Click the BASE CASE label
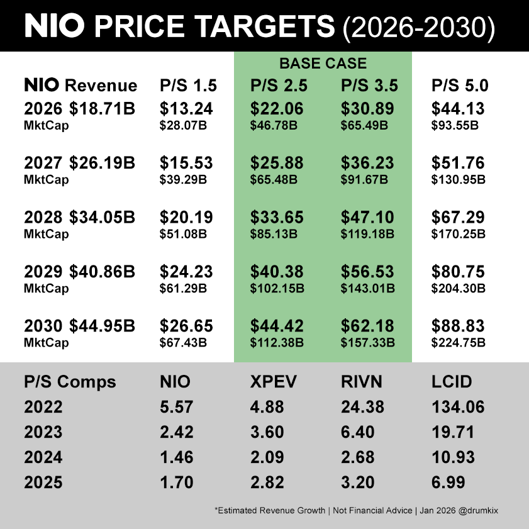[323, 64]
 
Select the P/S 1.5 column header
[188, 86]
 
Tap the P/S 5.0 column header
[460, 86]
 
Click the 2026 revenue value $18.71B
[103, 109]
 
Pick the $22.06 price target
[277, 109]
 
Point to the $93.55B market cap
[455, 126]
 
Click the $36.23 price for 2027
[367, 163]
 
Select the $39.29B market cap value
[183, 180]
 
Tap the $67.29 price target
[458, 217]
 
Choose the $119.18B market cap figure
[367, 234]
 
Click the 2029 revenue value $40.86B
[103, 272]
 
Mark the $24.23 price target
[186, 272]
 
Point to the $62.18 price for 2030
[367, 326]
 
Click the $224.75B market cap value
[458, 343]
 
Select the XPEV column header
[273, 382]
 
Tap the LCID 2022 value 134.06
[458, 407]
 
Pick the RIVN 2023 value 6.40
[358, 432]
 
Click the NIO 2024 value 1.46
[177, 457]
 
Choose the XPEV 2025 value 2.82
[267, 482]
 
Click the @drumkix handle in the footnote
[478, 511]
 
